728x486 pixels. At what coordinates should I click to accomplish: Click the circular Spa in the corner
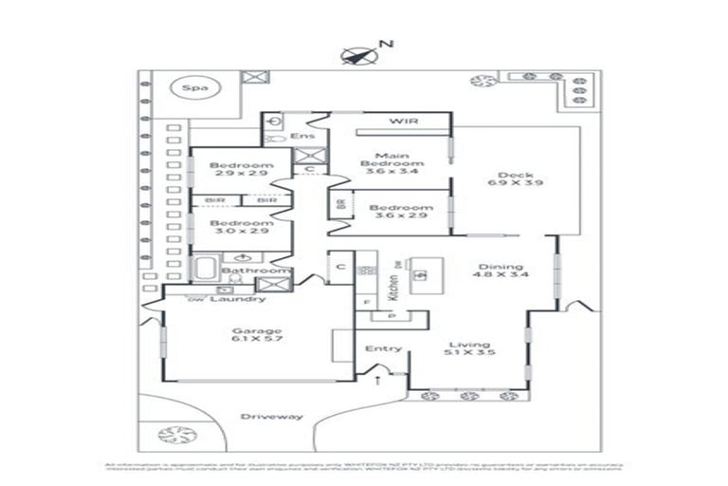(x=195, y=89)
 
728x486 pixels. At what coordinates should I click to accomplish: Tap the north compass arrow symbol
(x=355, y=55)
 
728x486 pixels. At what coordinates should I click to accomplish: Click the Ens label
(x=302, y=137)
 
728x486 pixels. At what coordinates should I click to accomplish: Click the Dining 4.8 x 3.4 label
(x=501, y=269)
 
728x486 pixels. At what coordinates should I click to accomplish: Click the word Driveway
(x=271, y=417)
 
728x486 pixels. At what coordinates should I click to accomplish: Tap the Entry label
(x=383, y=348)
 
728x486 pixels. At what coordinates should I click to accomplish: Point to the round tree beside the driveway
(x=176, y=435)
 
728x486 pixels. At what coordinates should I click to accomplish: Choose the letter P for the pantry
(x=390, y=315)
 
